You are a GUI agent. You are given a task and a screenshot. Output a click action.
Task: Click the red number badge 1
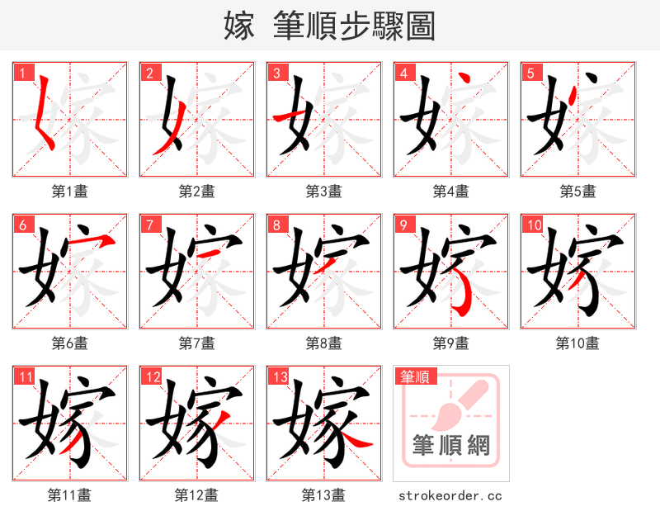point(22,73)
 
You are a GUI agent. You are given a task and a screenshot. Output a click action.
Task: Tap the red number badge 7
point(149,225)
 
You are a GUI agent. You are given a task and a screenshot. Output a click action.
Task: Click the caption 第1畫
point(70,192)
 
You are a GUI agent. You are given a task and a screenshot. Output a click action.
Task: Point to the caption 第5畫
point(577,192)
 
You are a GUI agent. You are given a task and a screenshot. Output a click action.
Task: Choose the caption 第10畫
point(577,343)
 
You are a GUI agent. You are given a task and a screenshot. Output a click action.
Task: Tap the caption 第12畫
point(196,495)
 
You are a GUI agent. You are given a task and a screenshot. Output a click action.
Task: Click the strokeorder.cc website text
point(450,496)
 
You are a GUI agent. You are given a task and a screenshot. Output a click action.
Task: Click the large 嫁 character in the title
point(238,26)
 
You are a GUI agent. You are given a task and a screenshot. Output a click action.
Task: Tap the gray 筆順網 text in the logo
point(451,447)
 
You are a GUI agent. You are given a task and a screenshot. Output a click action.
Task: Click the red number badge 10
point(534,225)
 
